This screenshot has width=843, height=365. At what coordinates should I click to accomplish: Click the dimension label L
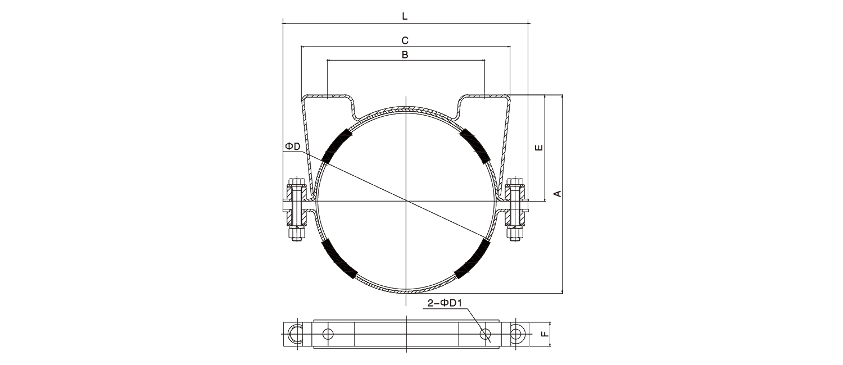click(x=405, y=16)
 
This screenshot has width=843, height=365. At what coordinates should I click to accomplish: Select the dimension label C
click(x=405, y=40)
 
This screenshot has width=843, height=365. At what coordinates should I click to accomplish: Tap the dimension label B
click(x=405, y=55)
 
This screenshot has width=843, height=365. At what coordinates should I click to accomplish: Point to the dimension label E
click(x=539, y=147)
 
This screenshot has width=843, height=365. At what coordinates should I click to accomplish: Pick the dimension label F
click(x=545, y=334)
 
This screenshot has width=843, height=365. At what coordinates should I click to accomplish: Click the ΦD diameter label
click(x=293, y=146)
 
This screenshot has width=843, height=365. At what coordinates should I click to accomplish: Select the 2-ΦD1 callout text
click(x=445, y=303)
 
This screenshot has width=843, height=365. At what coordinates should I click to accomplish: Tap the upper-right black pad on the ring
click(x=475, y=146)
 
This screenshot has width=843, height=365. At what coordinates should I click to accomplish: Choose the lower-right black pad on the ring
click(x=473, y=259)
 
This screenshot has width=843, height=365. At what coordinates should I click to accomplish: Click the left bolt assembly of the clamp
click(x=297, y=209)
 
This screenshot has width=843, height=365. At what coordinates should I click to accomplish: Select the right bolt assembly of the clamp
click(x=515, y=209)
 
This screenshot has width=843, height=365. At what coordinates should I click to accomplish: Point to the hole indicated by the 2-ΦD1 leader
click(x=485, y=334)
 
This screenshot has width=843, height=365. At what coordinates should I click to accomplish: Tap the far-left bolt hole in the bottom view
click(x=296, y=334)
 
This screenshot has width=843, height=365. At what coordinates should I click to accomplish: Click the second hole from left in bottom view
click(x=328, y=334)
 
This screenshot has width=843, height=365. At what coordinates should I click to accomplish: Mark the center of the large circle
click(x=406, y=201)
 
